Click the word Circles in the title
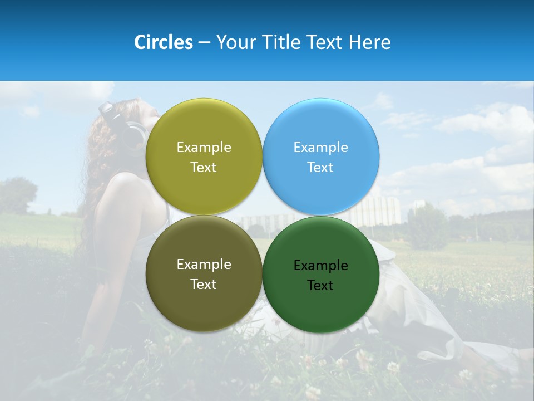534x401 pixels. [164, 42]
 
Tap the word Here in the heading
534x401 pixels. [369, 42]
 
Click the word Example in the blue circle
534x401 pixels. [321, 148]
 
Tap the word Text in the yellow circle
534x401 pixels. [204, 168]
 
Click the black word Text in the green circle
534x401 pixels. [320, 286]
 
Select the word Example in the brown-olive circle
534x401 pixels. [204, 265]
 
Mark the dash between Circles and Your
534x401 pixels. [204, 42]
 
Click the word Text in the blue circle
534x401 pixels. [320, 168]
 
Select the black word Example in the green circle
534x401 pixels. [321, 266]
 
